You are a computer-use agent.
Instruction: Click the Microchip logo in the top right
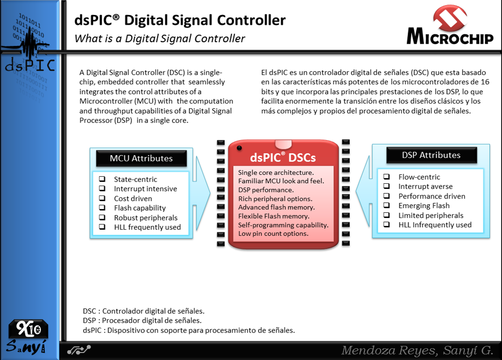pyautogui.click(x=450, y=26)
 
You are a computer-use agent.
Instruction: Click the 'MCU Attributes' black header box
pyautogui.click(x=141, y=158)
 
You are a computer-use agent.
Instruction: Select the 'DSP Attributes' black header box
pyautogui.click(x=431, y=155)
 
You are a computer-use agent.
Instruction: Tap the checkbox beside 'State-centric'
pyautogui.click(x=102, y=179)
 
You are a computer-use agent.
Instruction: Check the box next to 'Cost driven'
pyautogui.click(x=102, y=198)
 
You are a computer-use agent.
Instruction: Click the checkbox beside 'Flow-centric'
pyautogui.click(x=387, y=177)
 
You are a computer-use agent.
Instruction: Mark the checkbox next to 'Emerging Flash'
pyautogui.click(x=387, y=206)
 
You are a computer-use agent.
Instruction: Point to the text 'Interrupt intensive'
pyautogui.click(x=145, y=189)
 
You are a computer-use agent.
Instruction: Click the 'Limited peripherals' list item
pyautogui.click(x=431, y=216)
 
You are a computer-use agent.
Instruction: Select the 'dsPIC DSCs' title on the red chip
pyautogui.click(x=282, y=157)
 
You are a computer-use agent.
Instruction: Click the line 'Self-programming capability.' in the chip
pyautogui.click(x=283, y=225)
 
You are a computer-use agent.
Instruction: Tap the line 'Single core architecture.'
pyautogui.click(x=276, y=173)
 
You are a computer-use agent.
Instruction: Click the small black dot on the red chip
pyautogui.click(x=239, y=148)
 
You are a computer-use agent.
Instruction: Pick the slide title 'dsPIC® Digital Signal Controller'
pyautogui.click(x=180, y=21)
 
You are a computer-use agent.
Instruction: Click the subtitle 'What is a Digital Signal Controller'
pyautogui.click(x=160, y=38)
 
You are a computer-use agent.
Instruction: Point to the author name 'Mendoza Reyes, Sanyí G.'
pyautogui.click(x=417, y=350)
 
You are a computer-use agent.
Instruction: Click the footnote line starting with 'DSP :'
pyautogui.click(x=142, y=321)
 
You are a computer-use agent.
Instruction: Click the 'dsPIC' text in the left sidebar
pyautogui.click(x=29, y=66)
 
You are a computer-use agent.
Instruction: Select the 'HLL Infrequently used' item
pyautogui.click(x=435, y=225)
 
